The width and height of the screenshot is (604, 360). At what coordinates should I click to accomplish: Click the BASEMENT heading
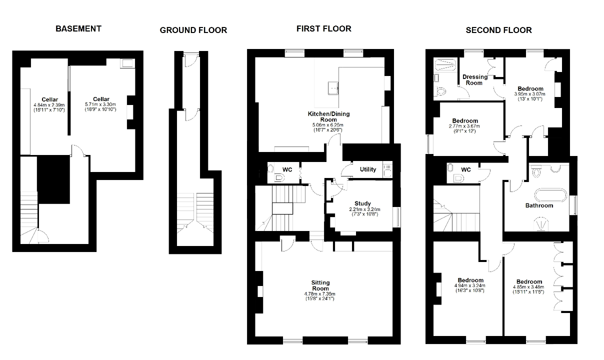click(78, 28)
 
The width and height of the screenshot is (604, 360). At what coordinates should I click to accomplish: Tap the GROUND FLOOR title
click(193, 30)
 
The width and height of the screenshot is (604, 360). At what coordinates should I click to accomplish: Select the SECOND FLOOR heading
click(499, 30)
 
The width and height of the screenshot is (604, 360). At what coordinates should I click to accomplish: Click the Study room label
click(362, 203)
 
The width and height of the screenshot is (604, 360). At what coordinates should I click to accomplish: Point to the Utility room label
click(368, 169)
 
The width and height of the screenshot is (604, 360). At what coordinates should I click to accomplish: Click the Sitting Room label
click(320, 285)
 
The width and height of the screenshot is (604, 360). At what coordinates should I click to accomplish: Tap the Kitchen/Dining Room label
click(328, 117)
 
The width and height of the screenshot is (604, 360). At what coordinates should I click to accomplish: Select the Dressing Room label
click(475, 80)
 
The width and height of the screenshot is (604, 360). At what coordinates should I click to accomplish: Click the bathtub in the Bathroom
click(550, 194)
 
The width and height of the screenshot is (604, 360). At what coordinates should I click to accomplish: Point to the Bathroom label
click(539, 205)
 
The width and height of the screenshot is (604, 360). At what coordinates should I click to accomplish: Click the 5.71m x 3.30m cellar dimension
click(100, 104)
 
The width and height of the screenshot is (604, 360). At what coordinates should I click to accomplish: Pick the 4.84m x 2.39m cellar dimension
click(49, 105)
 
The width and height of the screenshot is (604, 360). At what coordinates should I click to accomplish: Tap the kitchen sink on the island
click(333, 88)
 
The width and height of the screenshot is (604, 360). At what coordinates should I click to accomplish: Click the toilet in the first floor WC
click(279, 178)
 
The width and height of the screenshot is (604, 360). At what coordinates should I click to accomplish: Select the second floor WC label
click(466, 169)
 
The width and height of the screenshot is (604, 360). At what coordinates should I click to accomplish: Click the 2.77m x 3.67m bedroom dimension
click(464, 126)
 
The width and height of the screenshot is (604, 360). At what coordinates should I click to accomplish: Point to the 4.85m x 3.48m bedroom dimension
click(528, 287)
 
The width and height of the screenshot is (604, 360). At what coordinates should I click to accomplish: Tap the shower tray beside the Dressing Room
click(445, 64)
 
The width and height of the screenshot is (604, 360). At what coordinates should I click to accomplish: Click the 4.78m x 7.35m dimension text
click(320, 294)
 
